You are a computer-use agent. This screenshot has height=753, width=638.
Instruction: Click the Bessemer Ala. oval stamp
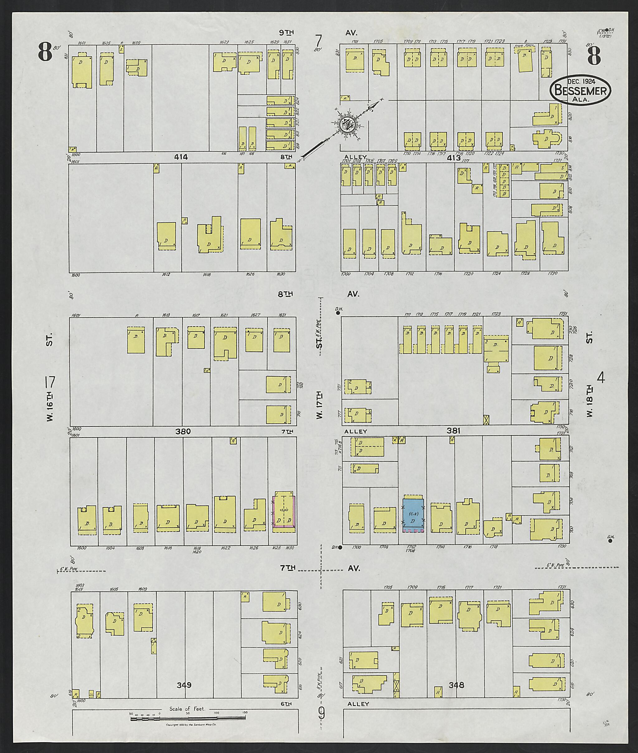point(580,90)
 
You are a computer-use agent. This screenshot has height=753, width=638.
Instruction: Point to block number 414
point(181,157)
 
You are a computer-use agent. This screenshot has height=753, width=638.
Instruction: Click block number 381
point(454,431)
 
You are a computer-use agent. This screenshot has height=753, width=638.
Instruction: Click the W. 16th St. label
point(50,376)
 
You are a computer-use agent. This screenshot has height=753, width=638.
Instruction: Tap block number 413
point(454,158)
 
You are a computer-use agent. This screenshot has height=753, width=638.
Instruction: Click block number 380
point(183,431)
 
